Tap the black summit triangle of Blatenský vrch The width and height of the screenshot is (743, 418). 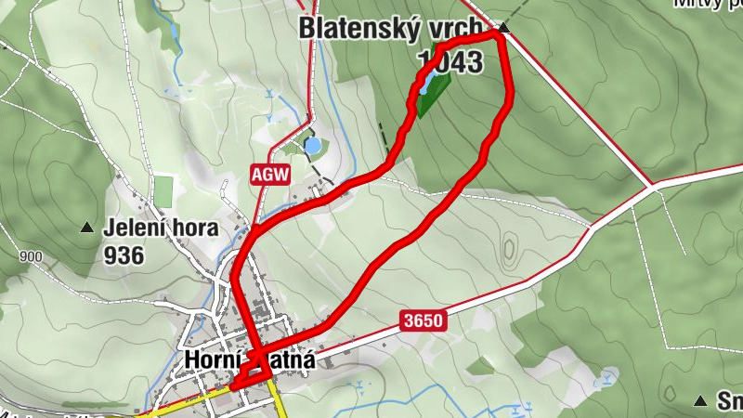[x=503, y=28]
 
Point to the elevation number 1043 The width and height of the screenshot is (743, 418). [x=452, y=63]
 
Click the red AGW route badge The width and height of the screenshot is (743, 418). [x=270, y=174]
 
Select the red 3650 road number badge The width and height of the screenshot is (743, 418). [x=424, y=321]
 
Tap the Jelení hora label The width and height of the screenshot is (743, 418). [x=162, y=228]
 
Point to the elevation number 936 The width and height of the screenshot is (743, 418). [x=124, y=255]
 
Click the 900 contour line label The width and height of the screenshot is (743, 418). [x=30, y=257]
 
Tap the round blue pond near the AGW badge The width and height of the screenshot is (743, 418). [x=313, y=146]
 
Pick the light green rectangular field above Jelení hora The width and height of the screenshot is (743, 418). [x=163, y=191]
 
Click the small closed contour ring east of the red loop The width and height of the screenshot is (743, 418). [x=509, y=250]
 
